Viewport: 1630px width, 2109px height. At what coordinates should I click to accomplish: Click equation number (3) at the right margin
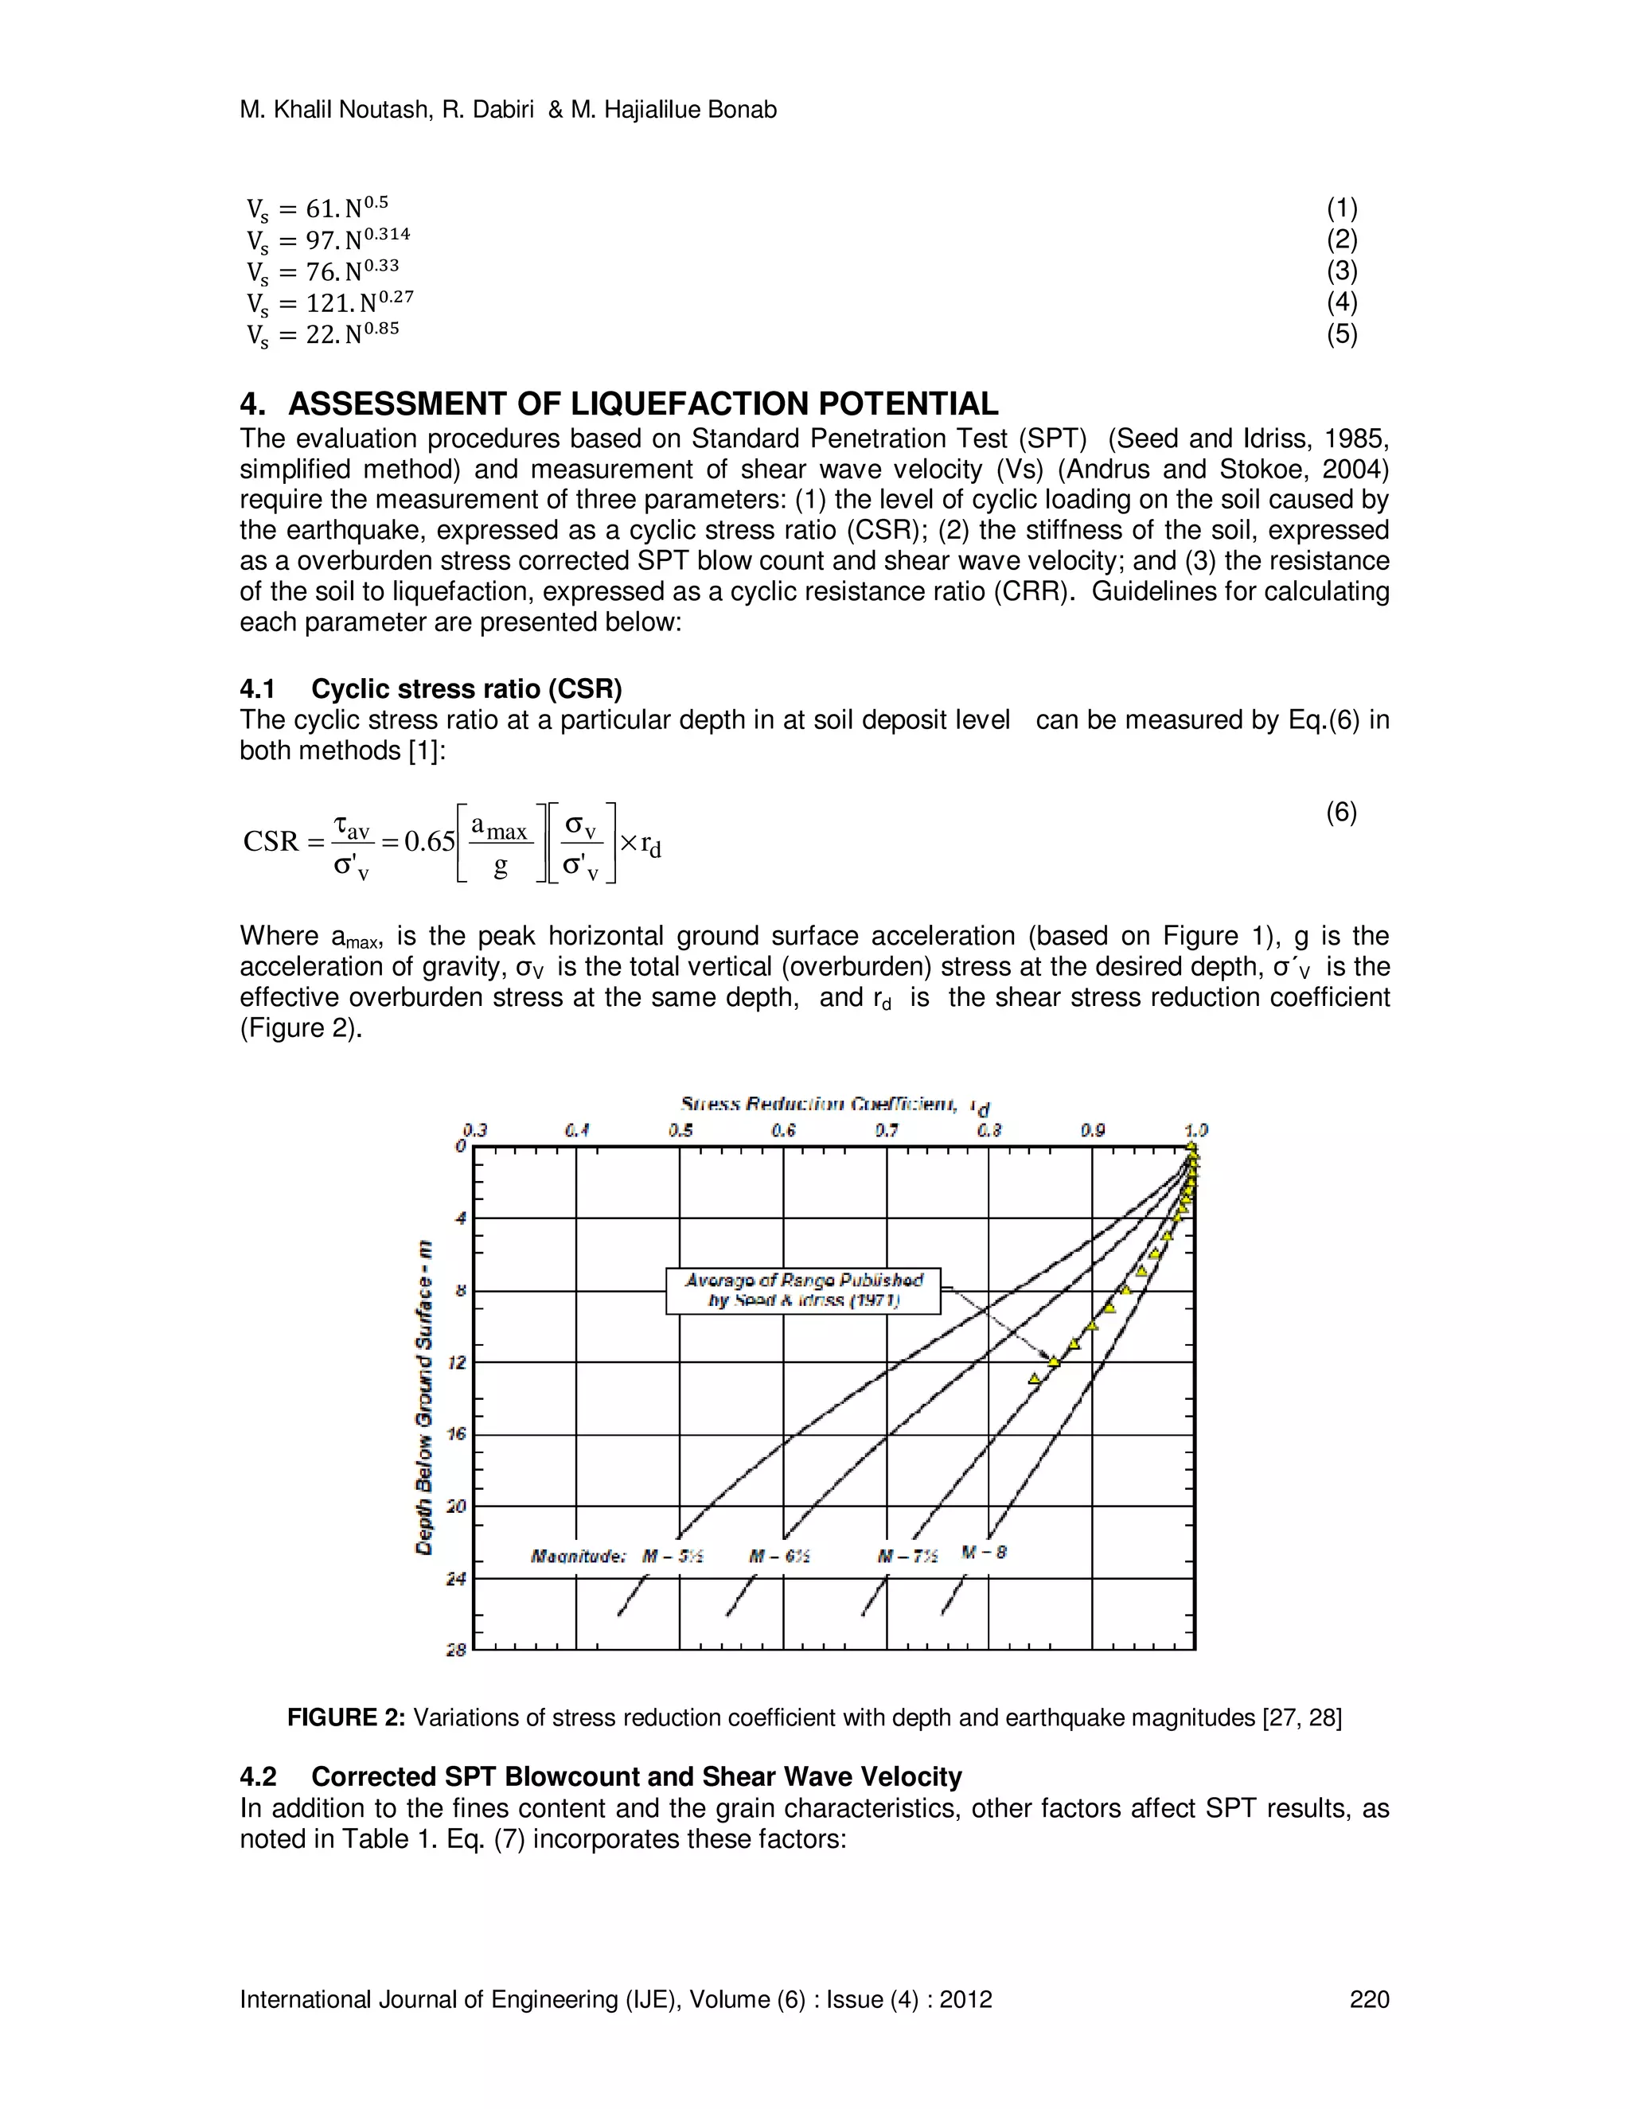pos(1341,271)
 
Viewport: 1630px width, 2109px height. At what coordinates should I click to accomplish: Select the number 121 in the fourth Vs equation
pos(327,303)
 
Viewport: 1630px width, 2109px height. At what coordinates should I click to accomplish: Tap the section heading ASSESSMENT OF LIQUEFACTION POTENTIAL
pos(642,403)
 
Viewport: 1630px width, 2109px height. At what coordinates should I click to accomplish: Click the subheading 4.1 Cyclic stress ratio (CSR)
pos(431,688)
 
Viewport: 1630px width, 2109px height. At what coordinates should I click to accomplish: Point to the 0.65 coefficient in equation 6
pos(429,842)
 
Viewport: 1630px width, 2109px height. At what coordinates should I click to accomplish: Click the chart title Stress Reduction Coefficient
pos(819,1104)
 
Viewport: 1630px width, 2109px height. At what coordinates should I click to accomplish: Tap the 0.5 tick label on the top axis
pos(680,1130)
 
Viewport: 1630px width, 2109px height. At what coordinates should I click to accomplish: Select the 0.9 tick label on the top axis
pos(1092,1130)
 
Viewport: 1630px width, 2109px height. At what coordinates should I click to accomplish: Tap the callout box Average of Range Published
pos(803,1290)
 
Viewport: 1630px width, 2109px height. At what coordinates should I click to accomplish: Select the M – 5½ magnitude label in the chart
pos(673,1556)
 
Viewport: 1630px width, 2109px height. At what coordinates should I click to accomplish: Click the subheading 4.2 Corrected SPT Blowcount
pos(601,1777)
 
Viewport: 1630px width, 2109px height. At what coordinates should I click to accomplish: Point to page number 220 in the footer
pos(1368,1999)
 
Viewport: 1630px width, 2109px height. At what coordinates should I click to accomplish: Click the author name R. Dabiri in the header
pos(488,110)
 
